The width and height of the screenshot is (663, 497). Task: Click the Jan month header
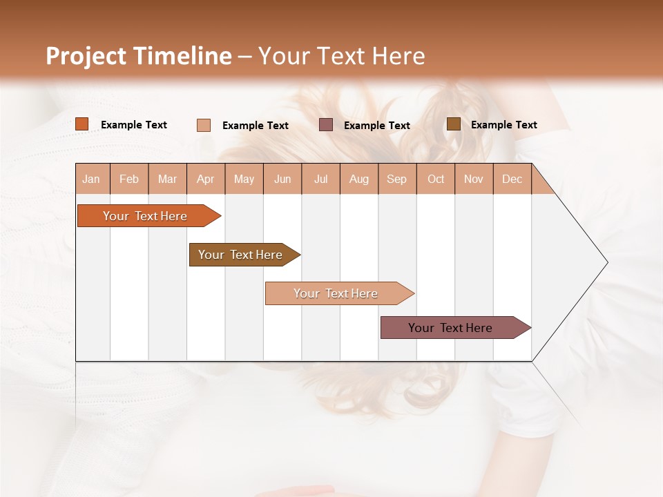click(92, 179)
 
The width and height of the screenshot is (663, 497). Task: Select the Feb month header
click(129, 179)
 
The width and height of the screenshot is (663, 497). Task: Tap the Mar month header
click(167, 179)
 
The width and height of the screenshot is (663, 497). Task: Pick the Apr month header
click(206, 179)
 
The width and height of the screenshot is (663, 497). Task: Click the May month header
click(244, 179)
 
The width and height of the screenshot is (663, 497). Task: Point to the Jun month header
click(282, 179)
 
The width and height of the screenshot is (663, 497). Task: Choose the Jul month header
click(320, 179)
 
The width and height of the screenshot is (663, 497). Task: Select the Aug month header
click(359, 179)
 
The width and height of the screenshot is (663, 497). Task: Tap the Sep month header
click(397, 179)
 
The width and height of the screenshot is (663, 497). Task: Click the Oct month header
click(436, 179)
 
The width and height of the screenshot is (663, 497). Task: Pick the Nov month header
click(474, 179)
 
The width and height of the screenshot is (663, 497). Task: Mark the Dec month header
click(512, 179)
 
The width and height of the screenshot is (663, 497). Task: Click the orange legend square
click(82, 124)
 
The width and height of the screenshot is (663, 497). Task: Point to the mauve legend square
click(326, 124)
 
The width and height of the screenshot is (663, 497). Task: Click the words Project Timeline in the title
click(139, 56)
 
